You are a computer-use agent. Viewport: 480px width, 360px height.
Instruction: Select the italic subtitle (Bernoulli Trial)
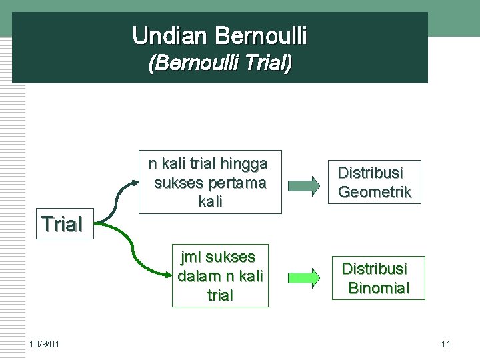220,63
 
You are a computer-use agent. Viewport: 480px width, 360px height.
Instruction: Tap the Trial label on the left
61,225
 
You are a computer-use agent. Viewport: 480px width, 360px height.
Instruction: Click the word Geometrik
375,193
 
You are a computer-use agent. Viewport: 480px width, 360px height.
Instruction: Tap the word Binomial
379,289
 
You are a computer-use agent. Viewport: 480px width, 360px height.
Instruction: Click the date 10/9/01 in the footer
44,344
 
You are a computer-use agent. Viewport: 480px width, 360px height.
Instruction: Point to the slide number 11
446,344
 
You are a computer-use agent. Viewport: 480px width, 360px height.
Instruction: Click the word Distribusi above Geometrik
370,173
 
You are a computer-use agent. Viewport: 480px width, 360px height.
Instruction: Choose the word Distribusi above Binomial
374,269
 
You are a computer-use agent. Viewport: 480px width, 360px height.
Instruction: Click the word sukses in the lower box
231,257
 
